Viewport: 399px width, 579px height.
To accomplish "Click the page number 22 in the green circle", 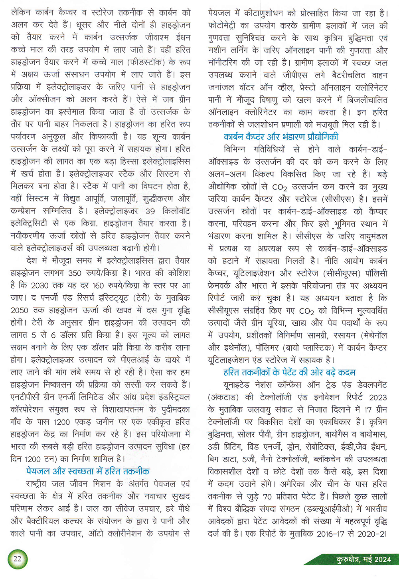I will click(17, 558).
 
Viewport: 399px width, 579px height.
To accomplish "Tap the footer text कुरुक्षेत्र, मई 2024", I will click(363, 559).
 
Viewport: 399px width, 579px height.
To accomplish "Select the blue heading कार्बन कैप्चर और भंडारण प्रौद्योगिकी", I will click(281, 137).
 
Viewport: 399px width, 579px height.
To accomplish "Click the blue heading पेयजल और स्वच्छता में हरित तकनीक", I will click(88, 471).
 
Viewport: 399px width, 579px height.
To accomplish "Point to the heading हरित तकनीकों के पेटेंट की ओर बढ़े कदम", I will click(289, 372).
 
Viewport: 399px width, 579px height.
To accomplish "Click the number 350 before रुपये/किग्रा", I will click(75, 273).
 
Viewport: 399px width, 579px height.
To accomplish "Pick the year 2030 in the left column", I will click(39, 286).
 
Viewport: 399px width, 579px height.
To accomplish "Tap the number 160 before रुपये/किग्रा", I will click(98, 286).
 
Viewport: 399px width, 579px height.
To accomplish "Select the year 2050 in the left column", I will click(19, 310).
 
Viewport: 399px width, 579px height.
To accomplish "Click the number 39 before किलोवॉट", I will click(150, 211).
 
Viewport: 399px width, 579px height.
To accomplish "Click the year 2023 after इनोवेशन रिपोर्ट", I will click(378, 397).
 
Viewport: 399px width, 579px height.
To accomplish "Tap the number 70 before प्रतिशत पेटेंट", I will click(267, 497).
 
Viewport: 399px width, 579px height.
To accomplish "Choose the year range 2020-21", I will click(372, 534).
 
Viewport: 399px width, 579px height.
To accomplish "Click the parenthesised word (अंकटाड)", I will click(223, 397).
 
